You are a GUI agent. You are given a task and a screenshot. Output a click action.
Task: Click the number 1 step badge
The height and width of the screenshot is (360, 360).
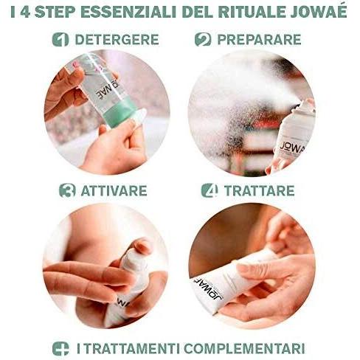(60, 40)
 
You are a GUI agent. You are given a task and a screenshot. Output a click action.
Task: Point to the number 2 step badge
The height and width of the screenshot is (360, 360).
(203, 39)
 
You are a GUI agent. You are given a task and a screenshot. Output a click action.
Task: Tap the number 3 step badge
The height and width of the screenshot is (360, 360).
(67, 190)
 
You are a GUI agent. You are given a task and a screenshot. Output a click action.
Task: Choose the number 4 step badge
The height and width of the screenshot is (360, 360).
(210, 190)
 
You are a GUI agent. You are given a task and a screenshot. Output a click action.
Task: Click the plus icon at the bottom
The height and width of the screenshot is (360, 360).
(60, 348)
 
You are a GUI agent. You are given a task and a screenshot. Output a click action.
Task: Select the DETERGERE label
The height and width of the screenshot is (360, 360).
(117, 40)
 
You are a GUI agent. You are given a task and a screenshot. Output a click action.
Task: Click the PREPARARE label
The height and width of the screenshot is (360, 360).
(259, 40)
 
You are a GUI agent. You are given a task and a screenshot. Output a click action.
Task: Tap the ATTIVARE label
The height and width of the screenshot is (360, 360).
(114, 191)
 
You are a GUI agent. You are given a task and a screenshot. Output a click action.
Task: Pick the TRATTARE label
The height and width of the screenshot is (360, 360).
(260, 191)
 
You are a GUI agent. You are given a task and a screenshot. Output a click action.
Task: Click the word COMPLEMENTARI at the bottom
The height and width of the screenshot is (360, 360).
(245, 348)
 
